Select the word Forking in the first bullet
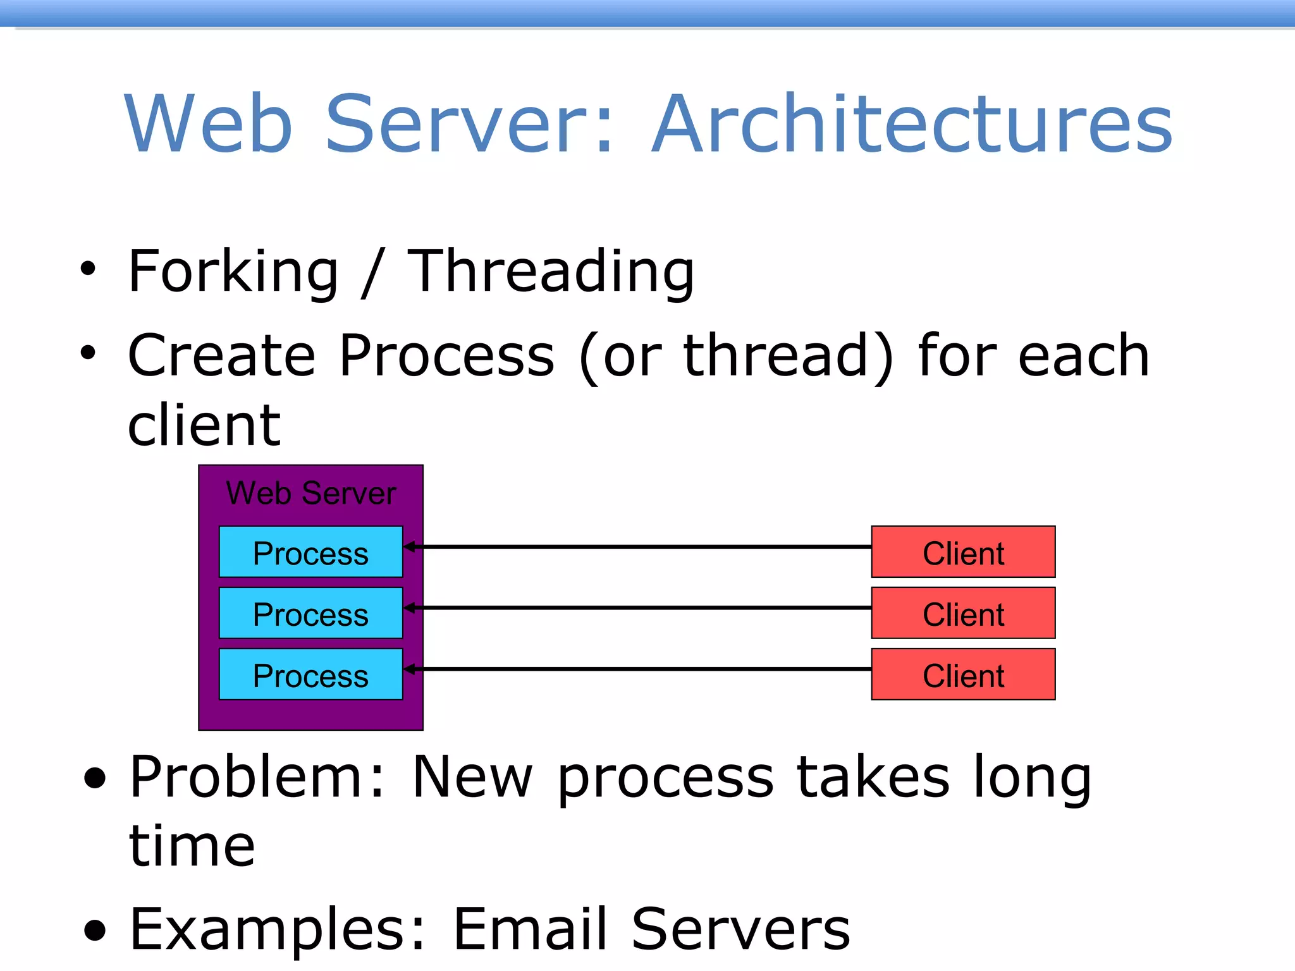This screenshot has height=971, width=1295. click(x=233, y=272)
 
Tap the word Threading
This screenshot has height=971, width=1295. click(x=550, y=272)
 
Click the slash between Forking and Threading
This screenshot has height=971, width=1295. click(x=373, y=273)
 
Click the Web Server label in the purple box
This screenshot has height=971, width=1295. click(x=310, y=493)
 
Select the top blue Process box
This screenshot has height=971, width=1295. click(x=310, y=552)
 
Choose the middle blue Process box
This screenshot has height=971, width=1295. click(x=310, y=613)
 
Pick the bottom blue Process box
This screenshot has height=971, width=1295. click(x=310, y=675)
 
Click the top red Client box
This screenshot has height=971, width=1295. click(x=962, y=552)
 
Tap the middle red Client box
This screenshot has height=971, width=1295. click(x=962, y=613)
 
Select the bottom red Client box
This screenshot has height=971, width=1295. click(x=962, y=675)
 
